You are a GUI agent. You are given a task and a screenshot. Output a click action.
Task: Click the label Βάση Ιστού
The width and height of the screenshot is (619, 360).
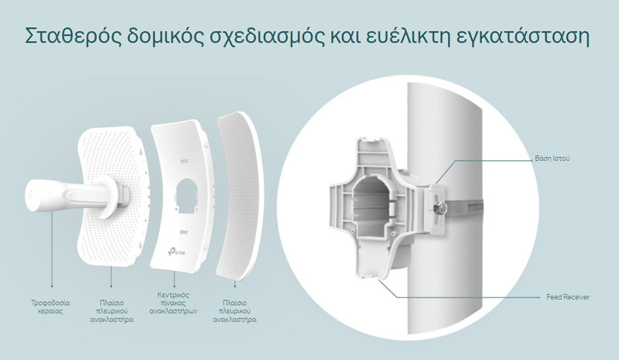(552, 159)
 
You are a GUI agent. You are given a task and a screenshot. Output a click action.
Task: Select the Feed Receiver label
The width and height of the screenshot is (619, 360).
(568, 297)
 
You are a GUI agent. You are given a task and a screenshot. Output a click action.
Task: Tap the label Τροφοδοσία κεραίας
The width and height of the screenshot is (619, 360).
(50, 307)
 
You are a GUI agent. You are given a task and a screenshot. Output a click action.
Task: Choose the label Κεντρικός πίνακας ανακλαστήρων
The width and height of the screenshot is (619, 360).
(173, 303)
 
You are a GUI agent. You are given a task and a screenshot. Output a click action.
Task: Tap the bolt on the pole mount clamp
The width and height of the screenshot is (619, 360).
(440, 206)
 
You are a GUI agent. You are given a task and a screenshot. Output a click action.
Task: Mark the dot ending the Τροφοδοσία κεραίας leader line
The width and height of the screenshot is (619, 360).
(52, 286)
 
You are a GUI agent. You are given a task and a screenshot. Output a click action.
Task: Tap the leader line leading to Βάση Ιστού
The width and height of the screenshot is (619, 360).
(494, 160)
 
